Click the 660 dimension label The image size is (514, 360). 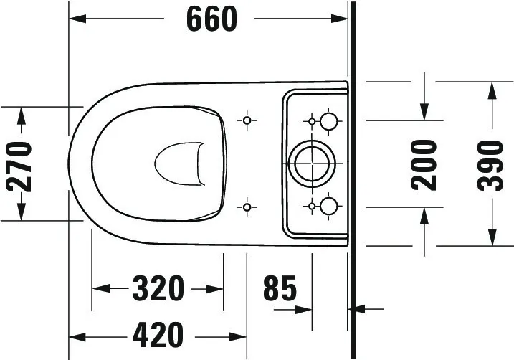tap(211, 19)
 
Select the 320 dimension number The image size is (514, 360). tap(158, 288)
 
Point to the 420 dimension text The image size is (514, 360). tap(158, 334)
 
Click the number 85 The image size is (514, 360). tap(279, 288)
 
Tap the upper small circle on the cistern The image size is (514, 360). tap(329, 120)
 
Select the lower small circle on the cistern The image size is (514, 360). tap(329, 207)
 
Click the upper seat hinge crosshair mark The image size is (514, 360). tap(247, 120)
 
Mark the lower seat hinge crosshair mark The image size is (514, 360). tap(247, 207)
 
